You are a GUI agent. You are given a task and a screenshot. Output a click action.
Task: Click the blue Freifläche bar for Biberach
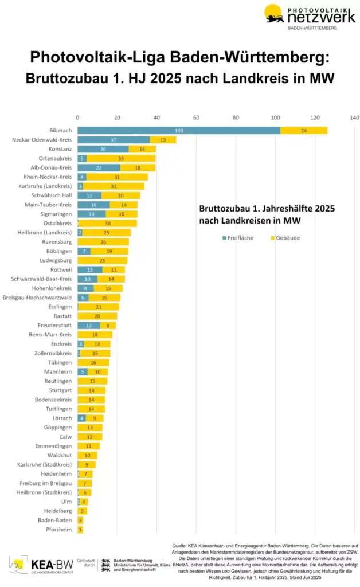pos(178,131)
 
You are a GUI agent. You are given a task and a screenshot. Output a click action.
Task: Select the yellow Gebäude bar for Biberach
pos(304,131)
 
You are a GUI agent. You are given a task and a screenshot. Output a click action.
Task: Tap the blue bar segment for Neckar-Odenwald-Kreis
pos(114,140)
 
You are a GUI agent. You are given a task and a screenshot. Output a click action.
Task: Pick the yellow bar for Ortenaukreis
pos(121,158)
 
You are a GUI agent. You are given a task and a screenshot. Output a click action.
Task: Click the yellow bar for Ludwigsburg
pos(103,261)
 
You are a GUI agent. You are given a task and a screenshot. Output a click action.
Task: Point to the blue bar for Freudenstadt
pos(89,325)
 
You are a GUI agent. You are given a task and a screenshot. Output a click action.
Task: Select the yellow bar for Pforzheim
pos(80,530)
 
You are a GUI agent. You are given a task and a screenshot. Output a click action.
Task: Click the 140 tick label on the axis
pos(354,118)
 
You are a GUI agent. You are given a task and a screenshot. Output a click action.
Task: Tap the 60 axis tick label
pos(196,118)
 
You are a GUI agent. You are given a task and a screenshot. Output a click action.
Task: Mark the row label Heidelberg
pos(58,511)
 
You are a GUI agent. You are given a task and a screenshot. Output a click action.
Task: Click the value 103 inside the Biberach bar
pos(178,131)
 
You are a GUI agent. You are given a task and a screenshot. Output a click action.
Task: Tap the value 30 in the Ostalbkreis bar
pos(107,223)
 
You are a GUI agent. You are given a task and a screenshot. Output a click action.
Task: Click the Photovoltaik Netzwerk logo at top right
pos(309,17)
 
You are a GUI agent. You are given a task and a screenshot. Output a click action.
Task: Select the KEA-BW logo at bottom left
pos(33,565)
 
